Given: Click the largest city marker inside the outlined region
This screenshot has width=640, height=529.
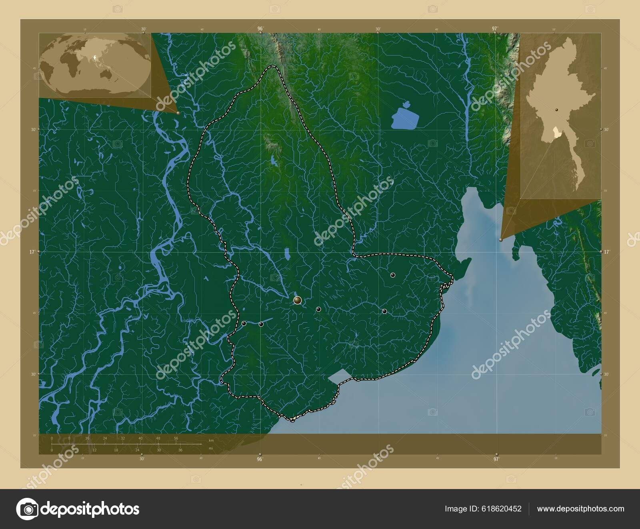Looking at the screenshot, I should point(297,300).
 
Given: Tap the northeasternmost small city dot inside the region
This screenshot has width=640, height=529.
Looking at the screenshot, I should point(393,275).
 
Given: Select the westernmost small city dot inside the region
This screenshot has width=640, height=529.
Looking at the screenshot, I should point(244,323).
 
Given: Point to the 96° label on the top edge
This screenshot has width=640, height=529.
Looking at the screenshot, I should point(260,28).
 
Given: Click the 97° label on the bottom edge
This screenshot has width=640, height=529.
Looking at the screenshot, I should point(496,459).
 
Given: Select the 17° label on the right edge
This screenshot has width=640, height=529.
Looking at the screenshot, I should point(607,252).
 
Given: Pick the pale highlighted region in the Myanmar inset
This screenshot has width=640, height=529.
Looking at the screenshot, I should point(555,135).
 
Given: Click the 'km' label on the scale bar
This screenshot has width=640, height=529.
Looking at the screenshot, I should point(212,440).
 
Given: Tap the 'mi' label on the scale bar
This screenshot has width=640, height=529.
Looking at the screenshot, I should point(211,448).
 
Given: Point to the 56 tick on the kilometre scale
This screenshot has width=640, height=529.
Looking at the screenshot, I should point(176,438).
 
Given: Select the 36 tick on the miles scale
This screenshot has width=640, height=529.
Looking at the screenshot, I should point(180,450).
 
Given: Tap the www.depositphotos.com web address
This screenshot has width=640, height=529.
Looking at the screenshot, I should point(580,509).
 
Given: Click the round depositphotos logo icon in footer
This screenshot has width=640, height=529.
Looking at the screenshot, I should point(27,509).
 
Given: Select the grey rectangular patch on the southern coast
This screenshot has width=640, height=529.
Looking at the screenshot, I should point(342,376).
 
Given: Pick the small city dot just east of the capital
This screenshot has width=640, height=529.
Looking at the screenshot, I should point(318,309).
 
